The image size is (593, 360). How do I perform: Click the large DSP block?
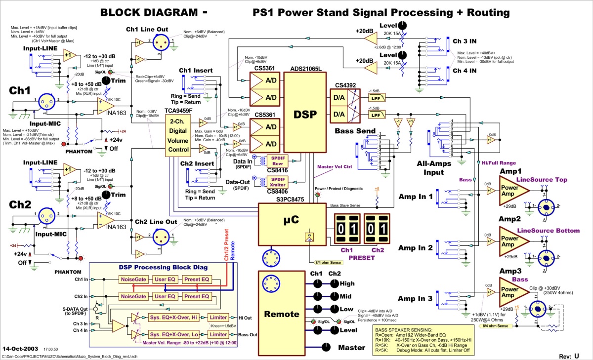click(x=304, y=114)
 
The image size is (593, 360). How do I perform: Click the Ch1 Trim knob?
click(x=106, y=81)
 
